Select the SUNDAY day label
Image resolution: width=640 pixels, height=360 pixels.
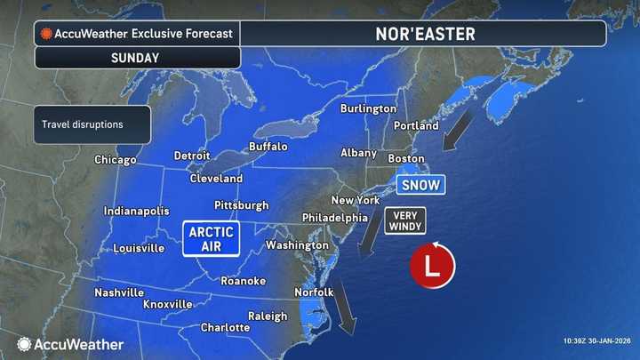click(136, 58)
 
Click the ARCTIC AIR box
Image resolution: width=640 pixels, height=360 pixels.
click(211, 238)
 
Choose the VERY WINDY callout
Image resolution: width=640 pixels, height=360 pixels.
click(404, 220)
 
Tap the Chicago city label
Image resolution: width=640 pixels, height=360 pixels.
click(116, 160)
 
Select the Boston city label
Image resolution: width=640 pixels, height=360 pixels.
click(408, 158)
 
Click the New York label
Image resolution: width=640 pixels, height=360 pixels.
click(356, 200)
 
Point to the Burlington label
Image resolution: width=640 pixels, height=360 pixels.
click(368, 108)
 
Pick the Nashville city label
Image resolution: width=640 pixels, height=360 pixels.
click(119, 292)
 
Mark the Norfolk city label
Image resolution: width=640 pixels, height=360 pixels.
click(314, 292)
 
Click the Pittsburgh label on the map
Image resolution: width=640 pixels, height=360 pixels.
click(241, 205)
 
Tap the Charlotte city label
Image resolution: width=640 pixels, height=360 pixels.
click(225, 327)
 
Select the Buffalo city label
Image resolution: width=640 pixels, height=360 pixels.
click(268, 146)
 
